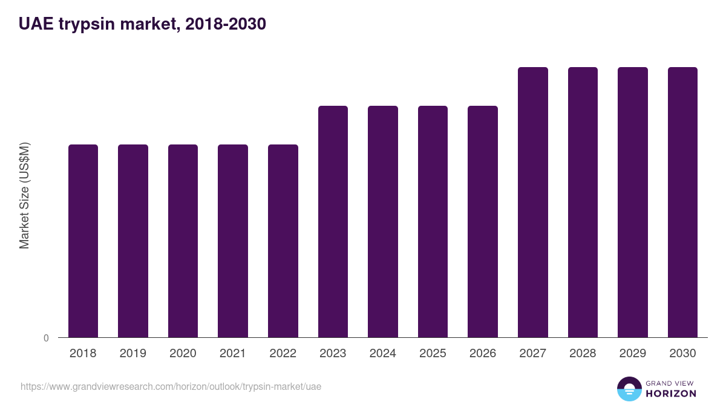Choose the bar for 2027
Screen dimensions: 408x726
[533, 202]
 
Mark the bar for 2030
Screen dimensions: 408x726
[682, 202]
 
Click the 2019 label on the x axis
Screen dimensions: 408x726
[132, 354]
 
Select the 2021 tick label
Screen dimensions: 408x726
[233, 354]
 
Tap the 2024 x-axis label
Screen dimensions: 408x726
[383, 354]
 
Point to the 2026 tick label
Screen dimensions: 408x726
[483, 354]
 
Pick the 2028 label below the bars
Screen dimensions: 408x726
[583, 354]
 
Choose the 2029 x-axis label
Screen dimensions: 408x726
[633, 354]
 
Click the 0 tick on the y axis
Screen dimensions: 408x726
[46, 338]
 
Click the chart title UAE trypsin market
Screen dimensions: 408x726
[142, 24]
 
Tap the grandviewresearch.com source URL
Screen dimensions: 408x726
[171, 386]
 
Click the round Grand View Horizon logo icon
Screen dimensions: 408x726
[629, 389]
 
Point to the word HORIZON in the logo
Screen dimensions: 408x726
[670, 393]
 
